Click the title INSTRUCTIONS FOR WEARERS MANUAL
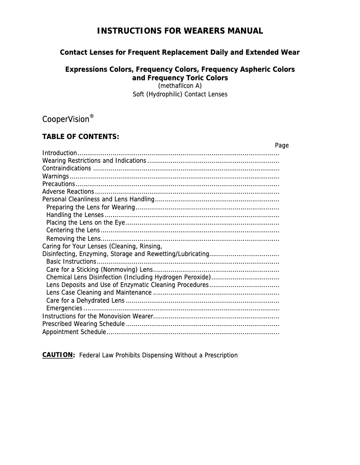click(180, 31)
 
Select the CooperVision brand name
click(66, 120)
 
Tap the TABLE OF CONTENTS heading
click(80, 136)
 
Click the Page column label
click(282, 145)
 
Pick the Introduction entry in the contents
click(60, 153)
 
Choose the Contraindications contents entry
click(66, 169)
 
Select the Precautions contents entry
click(58, 184)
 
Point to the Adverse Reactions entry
click(68, 191)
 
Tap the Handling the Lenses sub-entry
click(75, 215)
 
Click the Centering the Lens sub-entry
click(73, 230)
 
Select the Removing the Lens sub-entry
click(73, 239)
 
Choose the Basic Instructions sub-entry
click(71, 261)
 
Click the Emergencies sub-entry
click(64, 308)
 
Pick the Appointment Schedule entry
click(74, 332)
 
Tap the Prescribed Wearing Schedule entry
click(83, 324)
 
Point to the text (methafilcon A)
click(180, 86)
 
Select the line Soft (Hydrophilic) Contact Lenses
click(180, 94)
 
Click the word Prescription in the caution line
click(221, 355)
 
